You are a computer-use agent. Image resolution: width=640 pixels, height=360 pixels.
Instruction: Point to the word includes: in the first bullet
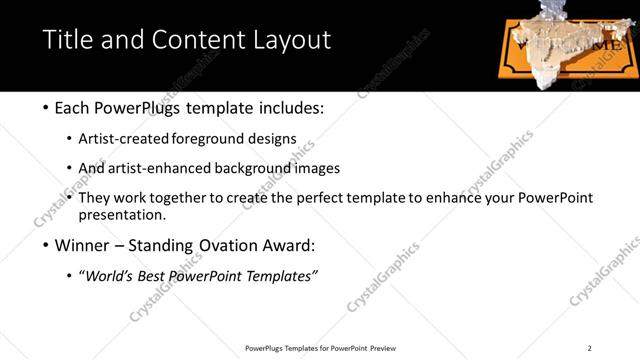(290, 107)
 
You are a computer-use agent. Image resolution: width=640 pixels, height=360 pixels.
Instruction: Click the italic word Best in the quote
(163, 276)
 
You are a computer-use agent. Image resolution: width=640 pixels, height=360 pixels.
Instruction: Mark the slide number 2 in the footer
(589, 348)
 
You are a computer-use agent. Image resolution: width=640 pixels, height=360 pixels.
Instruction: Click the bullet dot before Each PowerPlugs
(49, 108)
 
